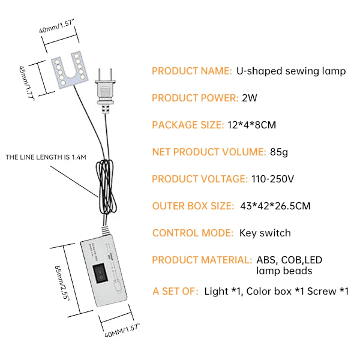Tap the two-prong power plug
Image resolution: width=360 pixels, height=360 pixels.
(104, 90)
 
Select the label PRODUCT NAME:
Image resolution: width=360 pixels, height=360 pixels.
(191, 71)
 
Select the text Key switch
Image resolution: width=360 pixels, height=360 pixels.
(265, 233)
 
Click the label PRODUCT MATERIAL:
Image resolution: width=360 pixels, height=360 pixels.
(202, 260)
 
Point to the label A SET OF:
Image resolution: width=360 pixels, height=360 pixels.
(175, 292)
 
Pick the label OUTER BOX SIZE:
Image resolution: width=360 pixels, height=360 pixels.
(193, 206)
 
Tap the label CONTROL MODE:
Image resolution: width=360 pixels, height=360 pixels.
(192, 233)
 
